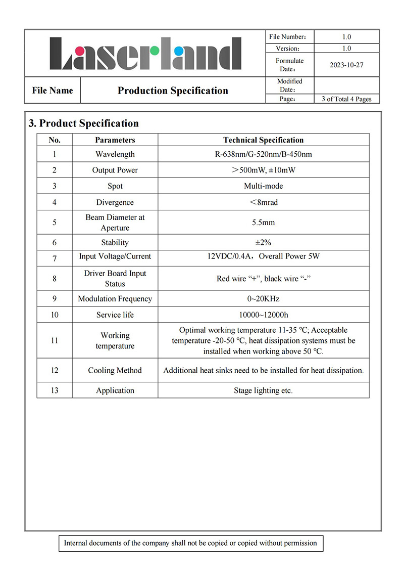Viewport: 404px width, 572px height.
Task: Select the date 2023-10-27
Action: [346, 65]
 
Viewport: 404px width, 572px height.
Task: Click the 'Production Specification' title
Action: [173, 91]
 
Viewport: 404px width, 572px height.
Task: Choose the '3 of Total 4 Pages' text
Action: [346, 99]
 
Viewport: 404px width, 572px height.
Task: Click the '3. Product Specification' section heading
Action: [84, 123]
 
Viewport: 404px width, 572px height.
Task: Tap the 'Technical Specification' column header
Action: [263, 140]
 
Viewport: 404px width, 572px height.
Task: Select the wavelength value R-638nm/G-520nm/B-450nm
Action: [263, 154]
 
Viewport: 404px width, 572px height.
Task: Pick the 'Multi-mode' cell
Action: [263, 186]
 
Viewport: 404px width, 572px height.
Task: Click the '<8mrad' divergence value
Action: [263, 202]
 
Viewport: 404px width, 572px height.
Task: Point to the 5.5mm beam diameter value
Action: [263, 223]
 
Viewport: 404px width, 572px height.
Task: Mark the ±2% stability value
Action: [263, 242]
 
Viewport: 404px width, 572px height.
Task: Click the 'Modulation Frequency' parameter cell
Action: [115, 299]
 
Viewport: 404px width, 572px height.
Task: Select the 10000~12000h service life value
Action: [263, 315]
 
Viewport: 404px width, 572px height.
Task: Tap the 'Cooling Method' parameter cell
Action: [115, 370]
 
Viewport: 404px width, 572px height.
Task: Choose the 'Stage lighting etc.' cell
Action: [263, 390]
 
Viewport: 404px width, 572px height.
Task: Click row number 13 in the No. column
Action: [55, 390]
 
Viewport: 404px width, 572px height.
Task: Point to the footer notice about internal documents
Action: [190, 543]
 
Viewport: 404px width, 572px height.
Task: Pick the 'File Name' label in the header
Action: [53, 91]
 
